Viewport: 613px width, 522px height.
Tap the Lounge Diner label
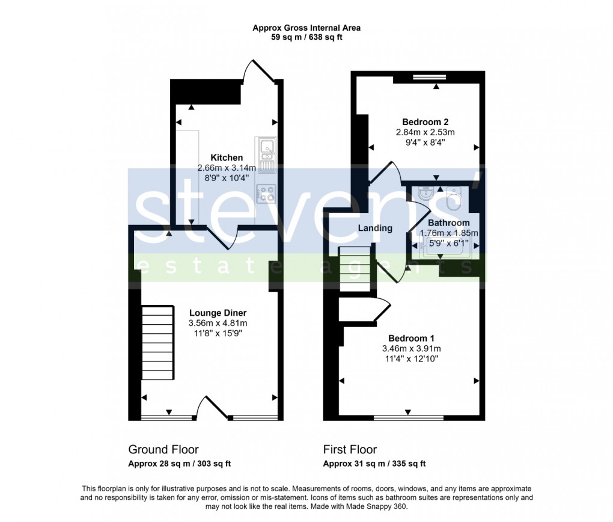(x=218, y=313)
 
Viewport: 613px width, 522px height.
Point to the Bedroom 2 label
(x=425, y=122)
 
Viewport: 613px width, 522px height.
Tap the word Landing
(x=375, y=229)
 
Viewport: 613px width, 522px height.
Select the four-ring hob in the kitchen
(x=266, y=193)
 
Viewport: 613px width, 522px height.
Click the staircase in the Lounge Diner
(x=158, y=343)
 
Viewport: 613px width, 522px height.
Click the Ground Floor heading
(x=163, y=450)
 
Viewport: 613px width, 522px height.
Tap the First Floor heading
(x=350, y=450)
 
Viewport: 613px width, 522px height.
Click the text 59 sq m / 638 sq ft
(x=306, y=37)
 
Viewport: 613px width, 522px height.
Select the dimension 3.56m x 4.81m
(x=218, y=323)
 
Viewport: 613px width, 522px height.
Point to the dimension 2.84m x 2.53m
(x=425, y=132)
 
